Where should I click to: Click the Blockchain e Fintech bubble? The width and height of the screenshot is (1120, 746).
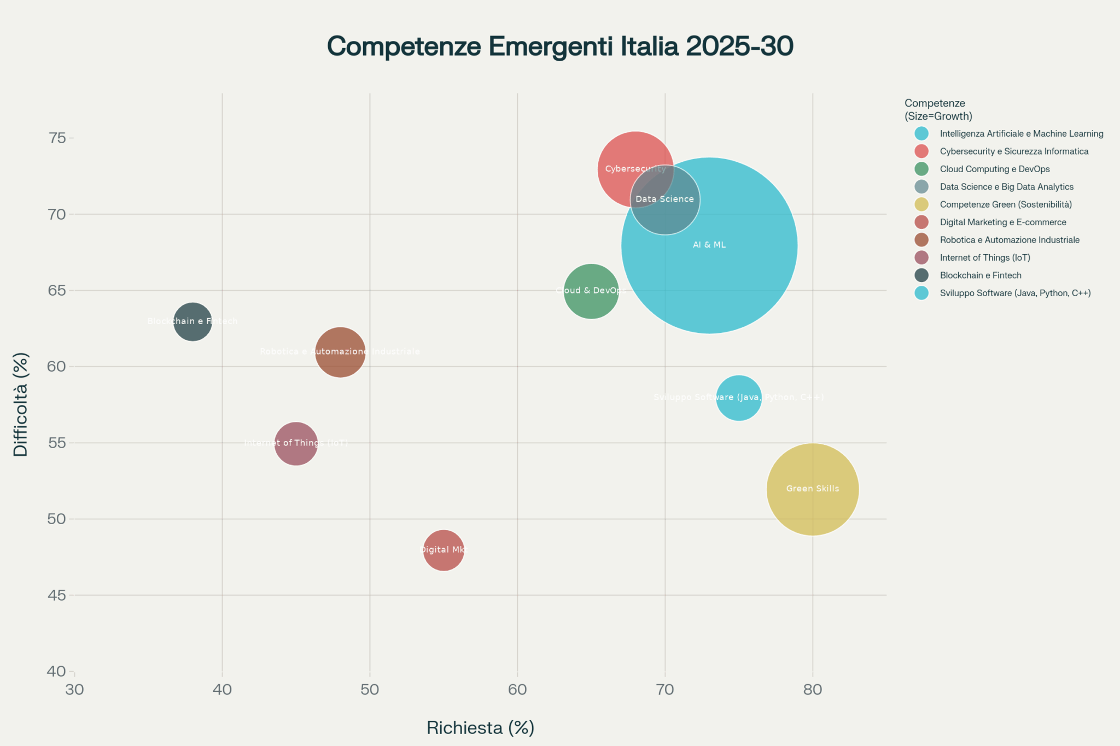pyautogui.click(x=192, y=322)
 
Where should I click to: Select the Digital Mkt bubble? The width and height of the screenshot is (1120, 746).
pyautogui.click(x=444, y=550)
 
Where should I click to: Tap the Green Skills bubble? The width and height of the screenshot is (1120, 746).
pyautogui.click(x=813, y=489)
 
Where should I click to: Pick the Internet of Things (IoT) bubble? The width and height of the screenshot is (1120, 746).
pyautogui.click(x=296, y=443)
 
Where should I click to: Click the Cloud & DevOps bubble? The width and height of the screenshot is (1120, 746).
pyautogui.click(x=591, y=291)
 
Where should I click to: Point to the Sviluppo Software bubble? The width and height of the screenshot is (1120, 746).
pyautogui.click(x=739, y=398)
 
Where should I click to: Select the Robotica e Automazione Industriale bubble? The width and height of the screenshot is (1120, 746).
pyautogui.click(x=340, y=352)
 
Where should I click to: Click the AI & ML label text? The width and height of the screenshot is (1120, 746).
pyautogui.click(x=709, y=245)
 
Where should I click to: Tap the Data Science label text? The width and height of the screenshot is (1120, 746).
pyautogui.click(x=664, y=199)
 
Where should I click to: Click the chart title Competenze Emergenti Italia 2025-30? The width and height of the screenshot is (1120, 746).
pyautogui.click(x=560, y=46)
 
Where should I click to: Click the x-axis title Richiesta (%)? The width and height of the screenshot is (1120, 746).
pyautogui.click(x=480, y=728)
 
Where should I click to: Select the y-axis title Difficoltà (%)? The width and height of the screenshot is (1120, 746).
pyautogui.click(x=21, y=404)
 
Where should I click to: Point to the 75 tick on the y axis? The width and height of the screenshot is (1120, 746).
pyautogui.click(x=57, y=138)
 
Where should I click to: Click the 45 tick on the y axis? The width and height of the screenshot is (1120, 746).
pyautogui.click(x=57, y=595)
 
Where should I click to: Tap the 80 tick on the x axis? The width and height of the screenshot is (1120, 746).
pyautogui.click(x=813, y=690)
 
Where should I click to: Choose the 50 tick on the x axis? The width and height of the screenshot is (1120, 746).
pyautogui.click(x=370, y=690)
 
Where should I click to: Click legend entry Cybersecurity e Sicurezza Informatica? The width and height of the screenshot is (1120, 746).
pyautogui.click(x=1014, y=151)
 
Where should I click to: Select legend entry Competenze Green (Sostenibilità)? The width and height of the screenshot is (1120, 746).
pyautogui.click(x=1005, y=204)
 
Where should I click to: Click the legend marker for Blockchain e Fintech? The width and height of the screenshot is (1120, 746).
pyautogui.click(x=921, y=275)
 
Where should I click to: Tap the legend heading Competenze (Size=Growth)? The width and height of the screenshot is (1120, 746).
pyautogui.click(x=938, y=110)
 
